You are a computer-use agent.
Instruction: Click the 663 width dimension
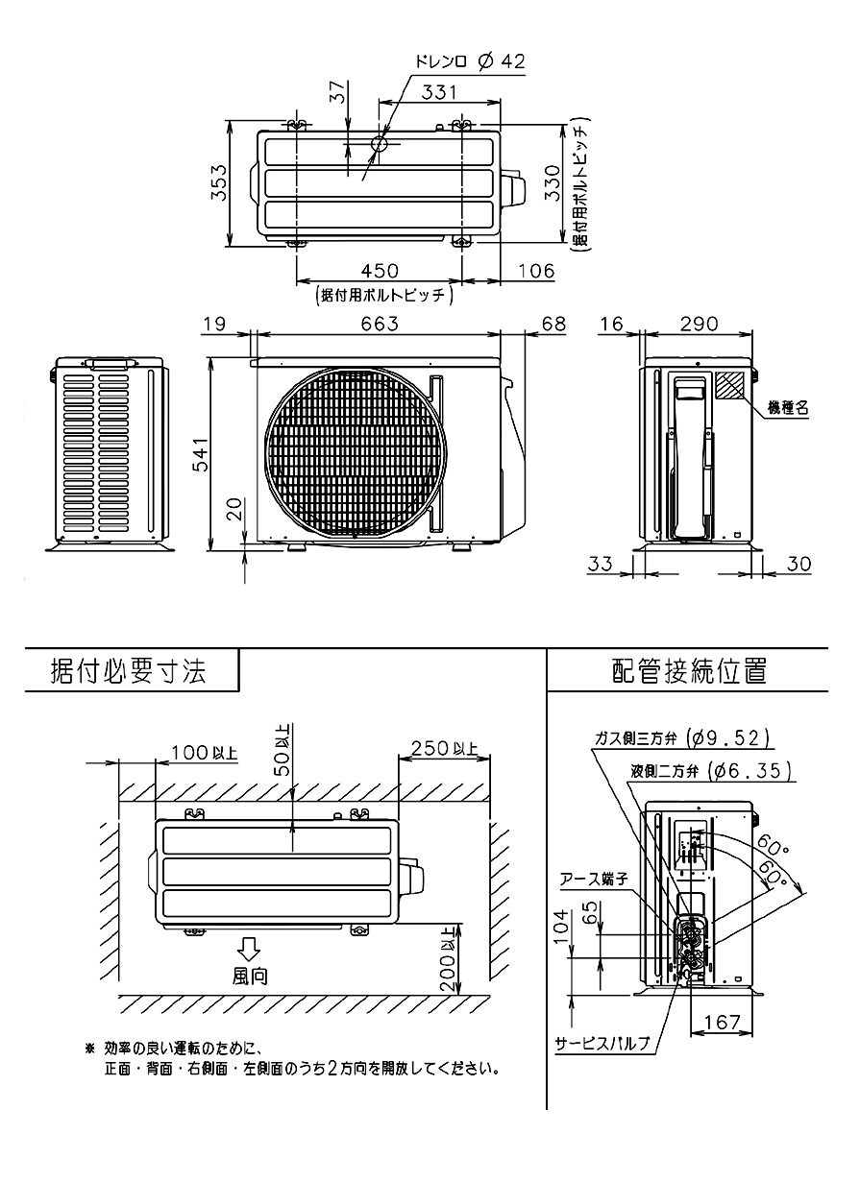point(380,324)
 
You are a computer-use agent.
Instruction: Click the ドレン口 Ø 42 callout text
point(470,62)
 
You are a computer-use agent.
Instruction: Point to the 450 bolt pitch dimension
point(380,272)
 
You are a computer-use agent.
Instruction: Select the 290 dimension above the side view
point(699,324)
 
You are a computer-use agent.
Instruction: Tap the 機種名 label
point(788,409)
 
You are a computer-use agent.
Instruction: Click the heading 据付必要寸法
point(129,671)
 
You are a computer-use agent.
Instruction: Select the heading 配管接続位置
point(689,671)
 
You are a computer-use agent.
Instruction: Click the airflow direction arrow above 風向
point(249,950)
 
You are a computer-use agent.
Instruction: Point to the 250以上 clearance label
point(445,750)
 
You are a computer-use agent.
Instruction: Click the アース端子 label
point(595,880)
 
